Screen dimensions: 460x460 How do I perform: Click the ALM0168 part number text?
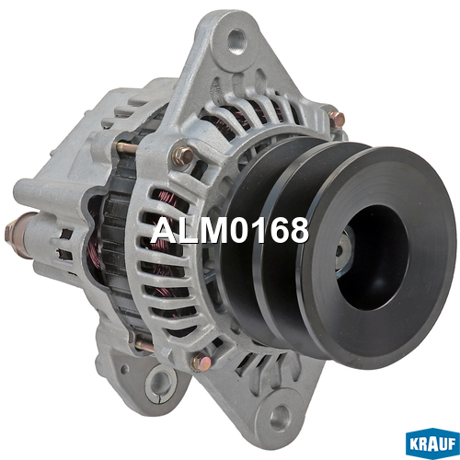click(229, 230)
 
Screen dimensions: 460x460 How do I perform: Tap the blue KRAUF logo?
click(431, 443)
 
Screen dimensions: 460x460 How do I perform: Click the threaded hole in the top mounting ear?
click(236, 41)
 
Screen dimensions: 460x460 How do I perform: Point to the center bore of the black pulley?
click(373, 258)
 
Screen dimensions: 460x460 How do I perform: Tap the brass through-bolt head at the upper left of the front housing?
click(182, 155)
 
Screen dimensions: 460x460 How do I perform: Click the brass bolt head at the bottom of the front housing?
click(201, 362)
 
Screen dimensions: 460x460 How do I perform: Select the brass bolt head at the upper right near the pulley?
click(337, 119)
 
